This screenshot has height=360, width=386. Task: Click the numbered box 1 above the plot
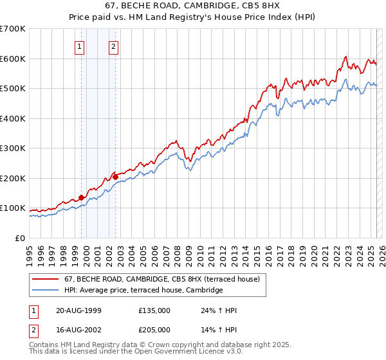(79, 46)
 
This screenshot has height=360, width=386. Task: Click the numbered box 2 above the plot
(113, 46)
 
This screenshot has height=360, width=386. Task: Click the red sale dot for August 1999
(81, 197)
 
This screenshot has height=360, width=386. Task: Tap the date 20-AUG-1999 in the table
(78, 311)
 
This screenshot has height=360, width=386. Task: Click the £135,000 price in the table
(154, 311)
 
